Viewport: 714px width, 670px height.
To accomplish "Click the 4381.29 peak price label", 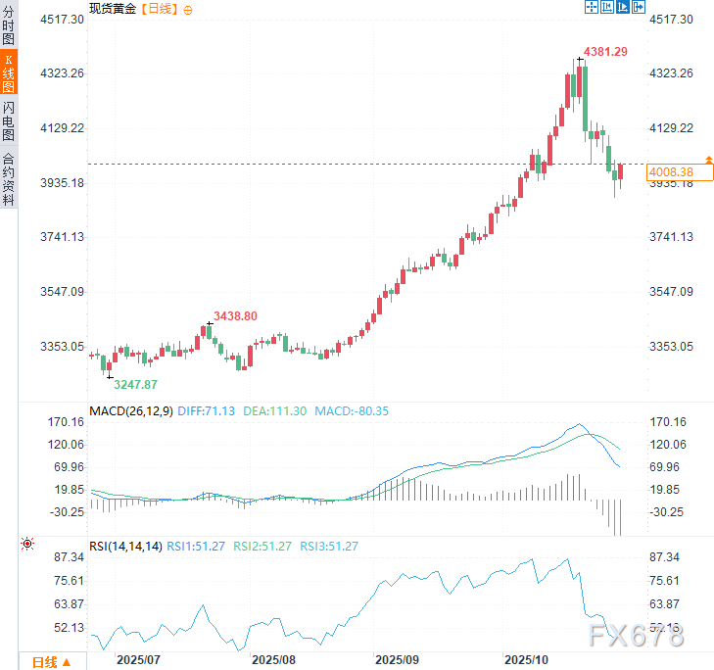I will (x=605, y=51).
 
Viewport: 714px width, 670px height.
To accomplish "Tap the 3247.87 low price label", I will (x=135, y=385).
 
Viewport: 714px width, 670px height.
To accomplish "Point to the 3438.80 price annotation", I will (x=235, y=315).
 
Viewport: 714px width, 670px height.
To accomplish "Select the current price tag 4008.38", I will (x=671, y=172).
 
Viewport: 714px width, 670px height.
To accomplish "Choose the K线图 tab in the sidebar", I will (x=9, y=73).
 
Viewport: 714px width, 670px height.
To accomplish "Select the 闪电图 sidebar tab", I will (x=9, y=120).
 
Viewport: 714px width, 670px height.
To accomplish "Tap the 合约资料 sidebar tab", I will (x=9, y=177).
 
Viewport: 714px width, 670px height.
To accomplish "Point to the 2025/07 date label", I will (x=138, y=659).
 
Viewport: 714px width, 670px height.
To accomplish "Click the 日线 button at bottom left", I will (x=51, y=661).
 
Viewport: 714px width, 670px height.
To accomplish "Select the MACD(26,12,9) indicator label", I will (x=131, y=410).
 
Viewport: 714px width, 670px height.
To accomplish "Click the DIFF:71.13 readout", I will (x=207, y=410).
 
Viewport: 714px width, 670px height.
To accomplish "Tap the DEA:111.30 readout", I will (x=274, y=410).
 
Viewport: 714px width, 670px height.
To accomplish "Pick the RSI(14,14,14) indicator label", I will (x=124, y=546).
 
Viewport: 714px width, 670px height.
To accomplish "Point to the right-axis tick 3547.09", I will (x=672, y=292).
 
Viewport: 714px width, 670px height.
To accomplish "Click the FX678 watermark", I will (x=636, y=637).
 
